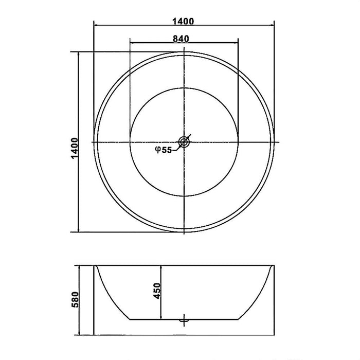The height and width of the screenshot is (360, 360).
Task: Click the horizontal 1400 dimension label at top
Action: [184, 21]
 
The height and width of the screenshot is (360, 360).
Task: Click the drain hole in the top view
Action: [184, 141]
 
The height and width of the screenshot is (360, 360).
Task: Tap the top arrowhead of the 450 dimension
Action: [163, 268]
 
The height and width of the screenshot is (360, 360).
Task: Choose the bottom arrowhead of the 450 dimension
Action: [163, 315]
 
